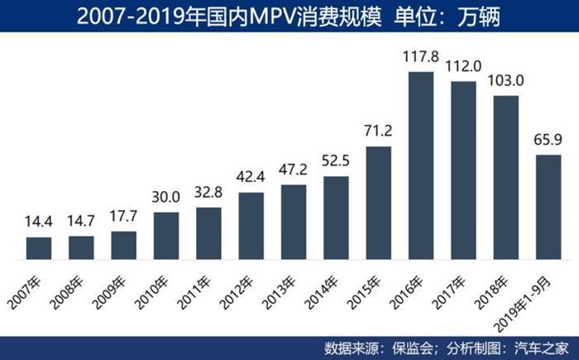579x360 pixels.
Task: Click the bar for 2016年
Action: (x=421, y=166)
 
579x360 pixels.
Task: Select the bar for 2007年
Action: (x=39, y=248)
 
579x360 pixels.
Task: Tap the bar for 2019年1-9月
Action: (x=548, y=207)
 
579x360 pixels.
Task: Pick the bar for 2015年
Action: (x=379, y=203)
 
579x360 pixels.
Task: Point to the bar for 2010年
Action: (x=166, y=236)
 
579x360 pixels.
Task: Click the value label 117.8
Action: (x=421, y=60)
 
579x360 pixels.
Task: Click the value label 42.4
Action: (x=251, y=180)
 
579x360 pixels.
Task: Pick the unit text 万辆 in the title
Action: (x=482, y=16)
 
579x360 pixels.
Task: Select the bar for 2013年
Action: (x=294, y=222)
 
